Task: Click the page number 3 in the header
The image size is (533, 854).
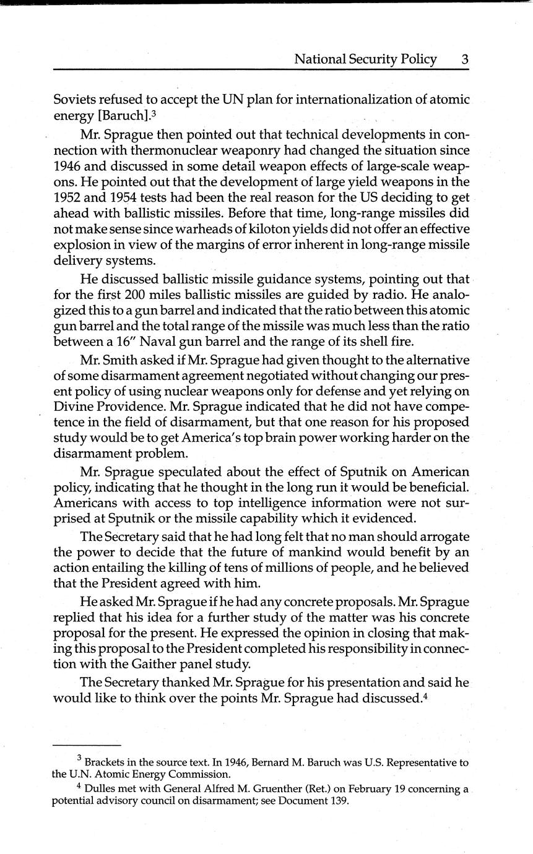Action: (x=464, y=59)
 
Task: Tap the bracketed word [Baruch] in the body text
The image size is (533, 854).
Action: (x=116, y=115)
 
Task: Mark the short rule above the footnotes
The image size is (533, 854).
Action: (x=87, y=746)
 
